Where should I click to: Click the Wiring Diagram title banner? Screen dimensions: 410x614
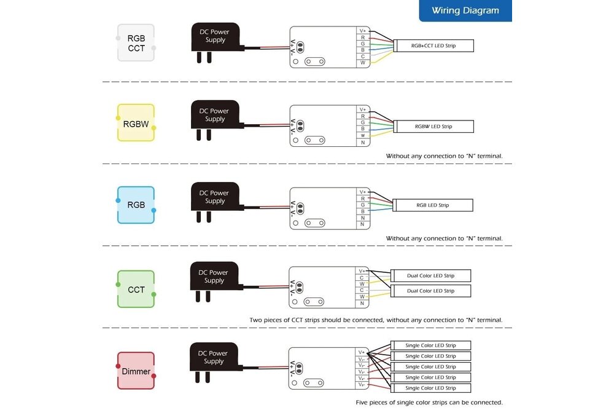(465, 10)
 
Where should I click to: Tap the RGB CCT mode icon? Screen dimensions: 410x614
(136, 43)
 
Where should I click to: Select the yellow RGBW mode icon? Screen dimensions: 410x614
(136, 123)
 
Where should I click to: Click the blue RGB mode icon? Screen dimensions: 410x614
(136, 205)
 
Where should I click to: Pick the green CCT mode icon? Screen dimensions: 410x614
(136, 289)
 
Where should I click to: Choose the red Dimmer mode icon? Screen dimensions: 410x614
(136, 371)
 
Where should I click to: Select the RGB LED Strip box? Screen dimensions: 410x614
(433, 205)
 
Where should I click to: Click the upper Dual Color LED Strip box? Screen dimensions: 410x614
(430, 275)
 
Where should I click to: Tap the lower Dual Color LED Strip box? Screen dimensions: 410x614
(430, 291)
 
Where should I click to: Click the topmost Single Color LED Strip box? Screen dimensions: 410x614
(430, 345)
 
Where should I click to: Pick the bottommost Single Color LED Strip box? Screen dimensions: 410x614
(430, 388)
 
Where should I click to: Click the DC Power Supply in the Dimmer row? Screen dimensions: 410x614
(214, 358)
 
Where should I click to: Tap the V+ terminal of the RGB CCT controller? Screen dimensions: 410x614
(363, 30)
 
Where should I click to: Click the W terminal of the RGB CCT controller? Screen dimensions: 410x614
(363, 63)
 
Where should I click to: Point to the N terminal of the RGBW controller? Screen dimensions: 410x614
(363, 143)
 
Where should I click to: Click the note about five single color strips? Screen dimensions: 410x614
(429, 403)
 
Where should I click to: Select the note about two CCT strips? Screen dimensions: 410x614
(376, 320)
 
